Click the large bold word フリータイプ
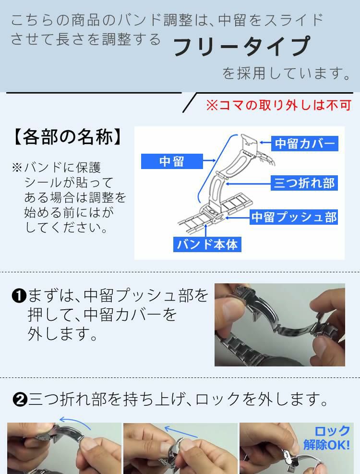[241, 47]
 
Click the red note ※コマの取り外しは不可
[279, 105]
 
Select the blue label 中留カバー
[304, 143]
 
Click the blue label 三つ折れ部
[304, 183]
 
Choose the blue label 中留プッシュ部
[294, 217]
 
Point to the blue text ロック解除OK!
[327, 438]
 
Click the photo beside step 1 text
[279, 325]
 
